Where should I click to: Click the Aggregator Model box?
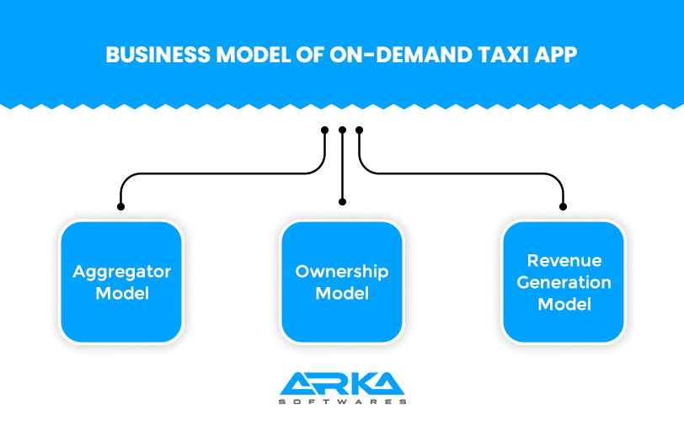tap(121, 282)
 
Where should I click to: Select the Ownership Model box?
tap(342, 282)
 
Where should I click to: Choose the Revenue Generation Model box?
tap(563, 282)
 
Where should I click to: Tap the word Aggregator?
tap(121, 272)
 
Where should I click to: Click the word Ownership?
tap(342, 272)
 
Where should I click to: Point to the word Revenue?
tap(563, 261)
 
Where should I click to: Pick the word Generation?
tap(563, 282)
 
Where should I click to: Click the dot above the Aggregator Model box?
tap(121, 205)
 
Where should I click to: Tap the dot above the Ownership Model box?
tap(342, 202)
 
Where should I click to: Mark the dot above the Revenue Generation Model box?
tap(563, 205)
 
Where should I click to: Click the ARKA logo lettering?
tap(342, 383)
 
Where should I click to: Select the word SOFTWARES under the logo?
tap(342, 402)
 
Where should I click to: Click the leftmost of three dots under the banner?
tap(325, 131)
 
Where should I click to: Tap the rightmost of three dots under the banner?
tap(360, 131)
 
